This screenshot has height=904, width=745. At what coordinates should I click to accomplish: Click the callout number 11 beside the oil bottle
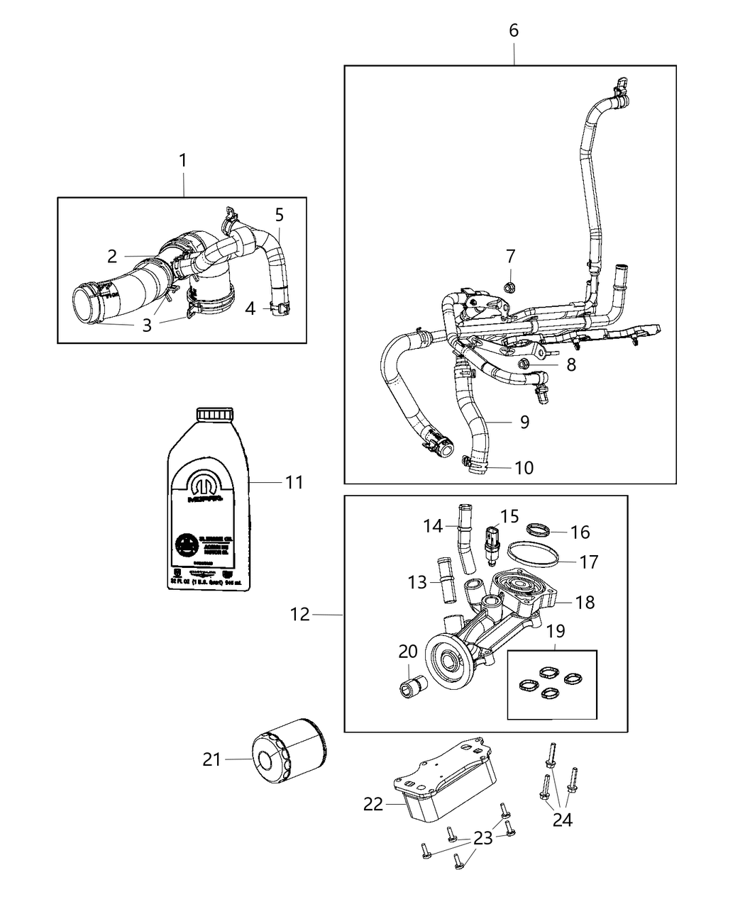[x=294, y=482]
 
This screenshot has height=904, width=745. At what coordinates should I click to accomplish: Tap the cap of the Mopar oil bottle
[x=214, y=415]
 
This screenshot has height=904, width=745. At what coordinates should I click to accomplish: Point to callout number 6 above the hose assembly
[x=514, y=30]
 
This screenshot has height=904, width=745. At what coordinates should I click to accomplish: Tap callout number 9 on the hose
[x=524, y=422]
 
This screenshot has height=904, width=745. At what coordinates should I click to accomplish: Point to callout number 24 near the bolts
[x=562, y=820]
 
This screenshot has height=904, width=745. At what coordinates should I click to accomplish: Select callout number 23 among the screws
[x=483, y=839]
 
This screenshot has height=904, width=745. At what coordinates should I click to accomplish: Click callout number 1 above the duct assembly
[x=182, y=160]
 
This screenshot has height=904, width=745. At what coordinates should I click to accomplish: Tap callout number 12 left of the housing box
[x=300, y=615]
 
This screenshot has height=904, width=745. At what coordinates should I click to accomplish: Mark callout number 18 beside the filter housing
[x=585, y=602]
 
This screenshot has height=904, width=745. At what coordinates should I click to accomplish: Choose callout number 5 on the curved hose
[x=279, y=214]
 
